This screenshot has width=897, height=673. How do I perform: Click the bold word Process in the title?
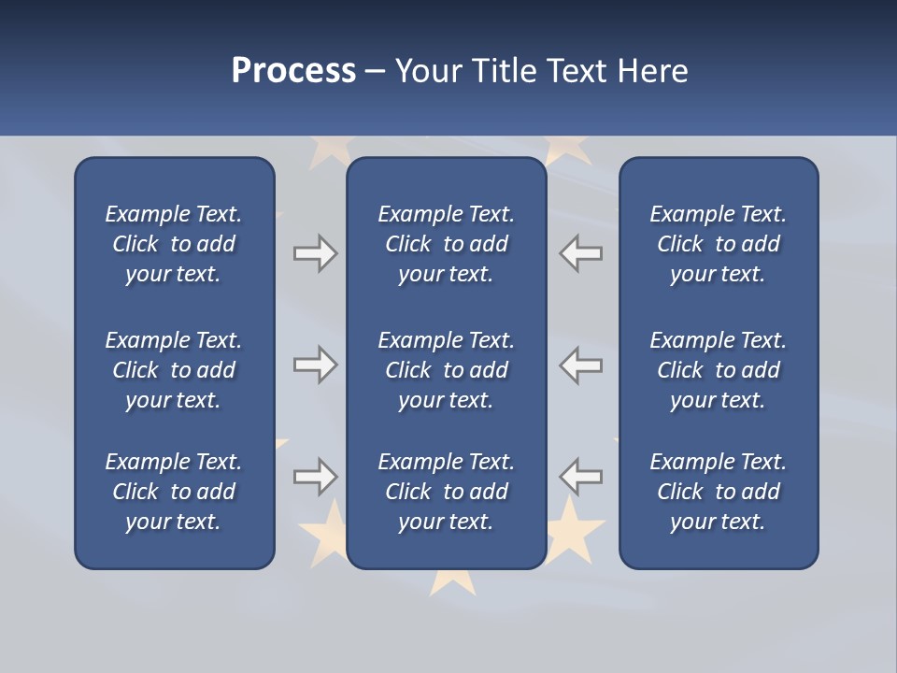point(293,71)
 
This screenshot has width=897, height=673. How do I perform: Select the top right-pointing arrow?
point(315,253)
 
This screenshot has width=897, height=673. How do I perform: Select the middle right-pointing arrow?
point(315,365)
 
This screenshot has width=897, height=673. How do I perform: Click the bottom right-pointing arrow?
point(315,477)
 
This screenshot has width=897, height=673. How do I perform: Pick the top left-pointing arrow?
point(581,253)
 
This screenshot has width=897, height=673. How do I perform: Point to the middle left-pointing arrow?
point(581,365)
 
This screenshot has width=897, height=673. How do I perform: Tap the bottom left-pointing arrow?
point(581,477)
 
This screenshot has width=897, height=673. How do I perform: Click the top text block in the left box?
point(174,244)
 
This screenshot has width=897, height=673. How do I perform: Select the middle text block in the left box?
point(174,370)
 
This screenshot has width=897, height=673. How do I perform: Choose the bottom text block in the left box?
point(174,492)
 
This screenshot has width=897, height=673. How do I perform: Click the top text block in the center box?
point(446,244)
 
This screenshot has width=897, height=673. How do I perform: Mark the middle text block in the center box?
point(446,370)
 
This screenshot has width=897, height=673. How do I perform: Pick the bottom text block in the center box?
point(446,492)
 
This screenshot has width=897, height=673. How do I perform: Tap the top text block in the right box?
point(718,244)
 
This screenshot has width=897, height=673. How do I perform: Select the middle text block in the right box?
point(718,370)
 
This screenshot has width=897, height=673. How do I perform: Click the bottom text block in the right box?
point(718,492)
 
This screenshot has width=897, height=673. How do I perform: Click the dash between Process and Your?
point(376,72)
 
